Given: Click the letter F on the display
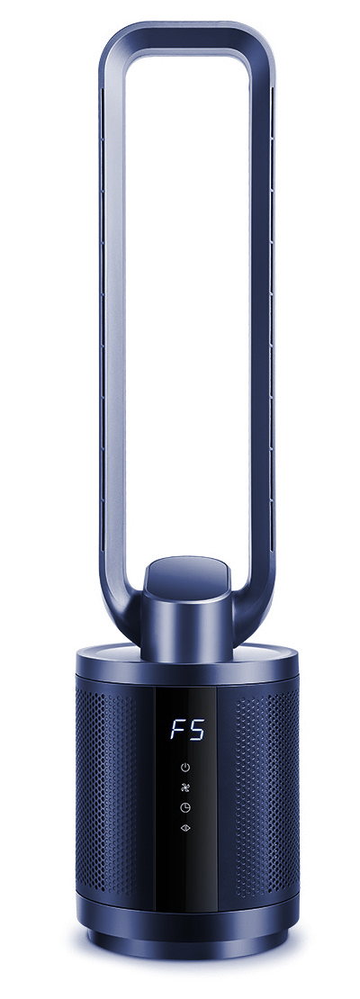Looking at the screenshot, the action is coord(176,730).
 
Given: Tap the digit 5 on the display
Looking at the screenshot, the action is coord(196,730).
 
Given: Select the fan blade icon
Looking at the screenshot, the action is coord(184,787).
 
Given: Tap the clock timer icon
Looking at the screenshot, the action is coord(184,807).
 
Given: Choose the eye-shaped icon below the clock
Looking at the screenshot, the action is coord(184,828).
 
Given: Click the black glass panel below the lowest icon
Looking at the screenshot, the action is coord(186,867).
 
